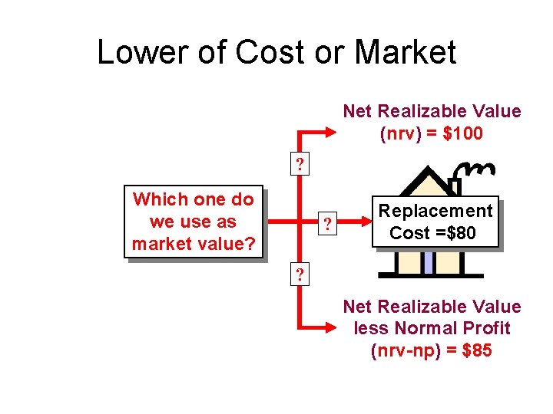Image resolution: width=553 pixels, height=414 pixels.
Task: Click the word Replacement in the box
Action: pyautogui.click(x=435, y=211)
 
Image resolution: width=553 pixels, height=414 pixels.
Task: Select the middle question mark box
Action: pyautogui.click(x=328, y=225)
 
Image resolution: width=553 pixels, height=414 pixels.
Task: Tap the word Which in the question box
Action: pyautogui.click(x=160, y=199)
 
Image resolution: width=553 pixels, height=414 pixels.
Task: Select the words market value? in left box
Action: pyautogui.click(x=193, y=245)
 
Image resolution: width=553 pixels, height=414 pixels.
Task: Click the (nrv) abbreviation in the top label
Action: pyautogui.click(x=400, y=133)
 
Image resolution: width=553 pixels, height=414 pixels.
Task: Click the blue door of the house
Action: pyautogui.click(x=428, y=262)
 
